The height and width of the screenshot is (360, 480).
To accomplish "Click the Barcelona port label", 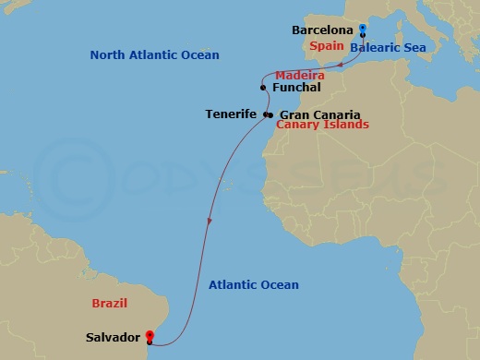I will click(x=323, y=30).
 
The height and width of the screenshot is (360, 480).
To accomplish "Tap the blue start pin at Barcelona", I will click(x=363, y=30).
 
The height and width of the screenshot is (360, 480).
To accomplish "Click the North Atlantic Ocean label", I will click(x=154, y=55).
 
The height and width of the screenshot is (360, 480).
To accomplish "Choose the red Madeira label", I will click(x=298, y=74).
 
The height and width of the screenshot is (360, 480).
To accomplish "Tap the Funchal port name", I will click(x=297, y=88).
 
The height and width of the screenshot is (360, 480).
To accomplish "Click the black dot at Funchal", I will click(x=264, y=88).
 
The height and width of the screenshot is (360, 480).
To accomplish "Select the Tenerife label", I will click(x=233, y=114).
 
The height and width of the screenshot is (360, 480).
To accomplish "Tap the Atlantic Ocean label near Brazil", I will click(x=253, y=285).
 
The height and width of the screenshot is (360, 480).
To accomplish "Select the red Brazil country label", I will click(x=109, y=303).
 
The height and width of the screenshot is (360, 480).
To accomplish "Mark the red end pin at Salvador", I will click(x=150, y=333).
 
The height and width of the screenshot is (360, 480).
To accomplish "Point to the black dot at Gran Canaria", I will click(x=270, y=114).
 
